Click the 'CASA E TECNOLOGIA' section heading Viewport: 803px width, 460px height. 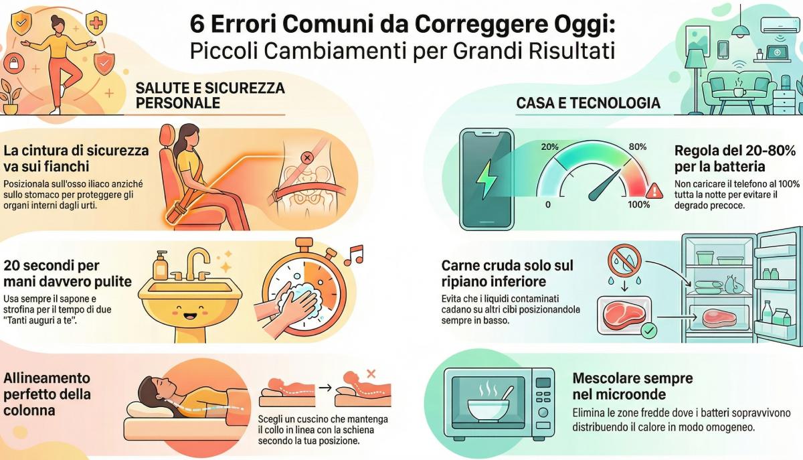coord(588,103)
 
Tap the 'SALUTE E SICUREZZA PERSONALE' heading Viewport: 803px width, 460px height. coord(210,96)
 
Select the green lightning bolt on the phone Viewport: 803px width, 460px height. coord(486,179)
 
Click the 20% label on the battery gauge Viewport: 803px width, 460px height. coord(549,147)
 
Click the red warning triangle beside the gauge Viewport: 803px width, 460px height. coord(655,190)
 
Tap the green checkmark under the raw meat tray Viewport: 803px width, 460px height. coord(647,330)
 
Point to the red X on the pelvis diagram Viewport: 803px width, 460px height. coord(307,158)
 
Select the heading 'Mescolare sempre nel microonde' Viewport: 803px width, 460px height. coord(632,386)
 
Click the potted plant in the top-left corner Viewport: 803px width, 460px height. coord(9,97)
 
